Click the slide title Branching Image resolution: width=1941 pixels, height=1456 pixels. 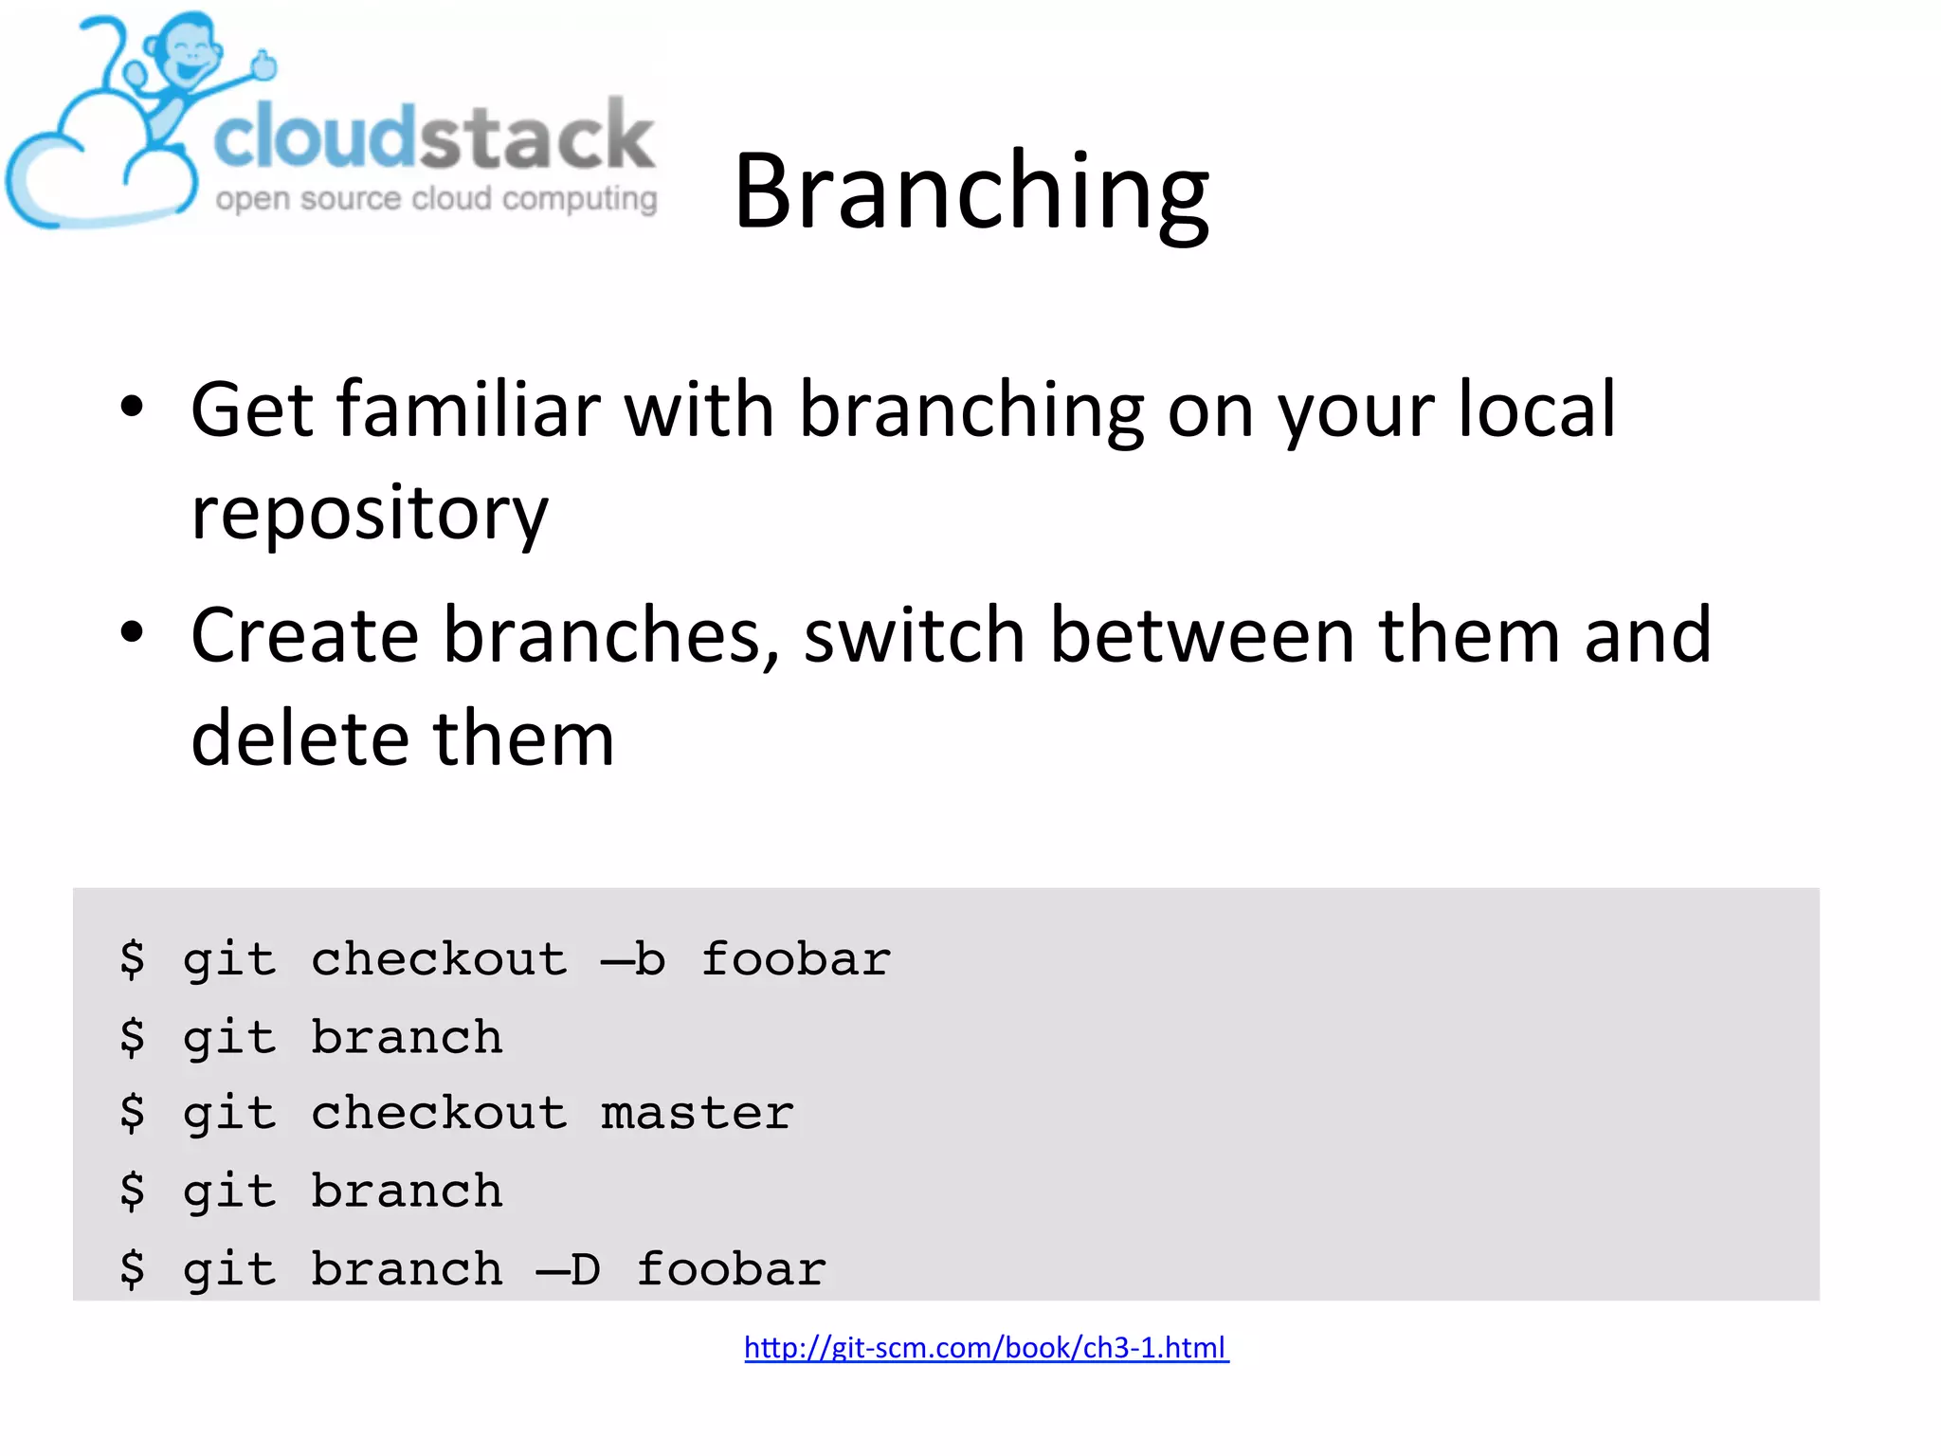pos(970,192)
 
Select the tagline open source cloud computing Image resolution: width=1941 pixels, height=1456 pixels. pos(436,199)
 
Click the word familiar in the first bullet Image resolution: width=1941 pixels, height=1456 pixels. pos(468,409)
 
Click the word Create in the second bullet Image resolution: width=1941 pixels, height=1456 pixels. pos(304,635)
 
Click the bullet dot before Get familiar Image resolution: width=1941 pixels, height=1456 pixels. pos(132,408)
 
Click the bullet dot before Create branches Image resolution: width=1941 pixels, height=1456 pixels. pos(132,632)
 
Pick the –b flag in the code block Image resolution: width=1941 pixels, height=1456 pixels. pos(633,959)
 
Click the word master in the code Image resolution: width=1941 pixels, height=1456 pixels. pos(697,1114)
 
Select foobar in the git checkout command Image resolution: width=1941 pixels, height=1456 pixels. pos(796,959)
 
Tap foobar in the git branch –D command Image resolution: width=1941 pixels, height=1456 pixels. pos(731,1269)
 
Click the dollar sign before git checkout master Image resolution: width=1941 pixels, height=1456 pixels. pos(133,1114)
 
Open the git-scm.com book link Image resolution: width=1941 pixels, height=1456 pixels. pos(986,1347)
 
